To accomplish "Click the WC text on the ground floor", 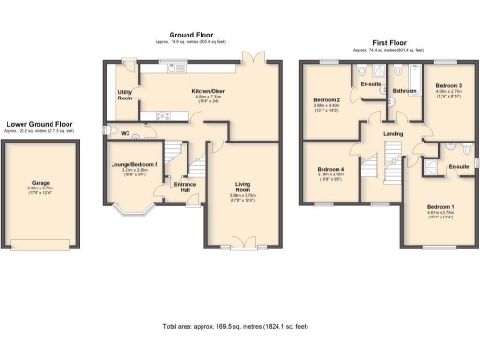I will [126, 134].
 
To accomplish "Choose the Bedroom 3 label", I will [447, 87].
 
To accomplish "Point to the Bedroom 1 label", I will [441, 207].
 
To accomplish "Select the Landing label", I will [395, 134].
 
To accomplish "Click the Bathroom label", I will [404, 91].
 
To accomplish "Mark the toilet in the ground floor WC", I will [112, 131].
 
